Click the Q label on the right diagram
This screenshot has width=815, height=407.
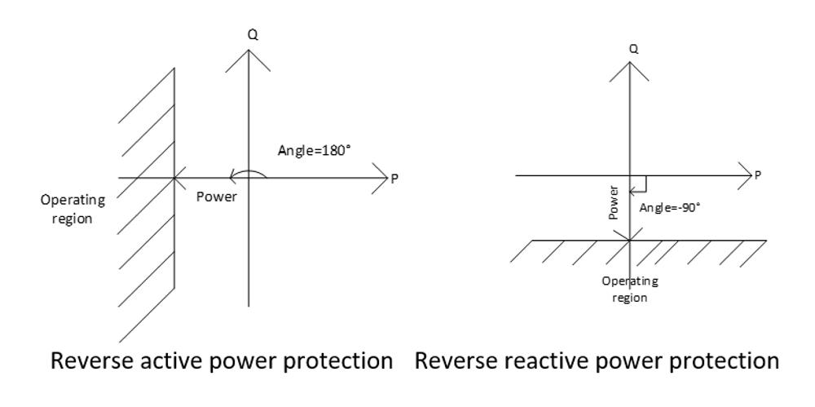632,49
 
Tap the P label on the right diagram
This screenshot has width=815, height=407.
757,175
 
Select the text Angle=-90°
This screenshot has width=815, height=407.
670,207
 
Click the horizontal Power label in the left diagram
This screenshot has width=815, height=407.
217,197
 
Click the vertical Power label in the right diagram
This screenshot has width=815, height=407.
615,202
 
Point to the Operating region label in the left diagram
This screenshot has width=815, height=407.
74,209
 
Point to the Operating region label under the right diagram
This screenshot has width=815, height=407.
630,290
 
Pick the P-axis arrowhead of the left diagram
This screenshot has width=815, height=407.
382,178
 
